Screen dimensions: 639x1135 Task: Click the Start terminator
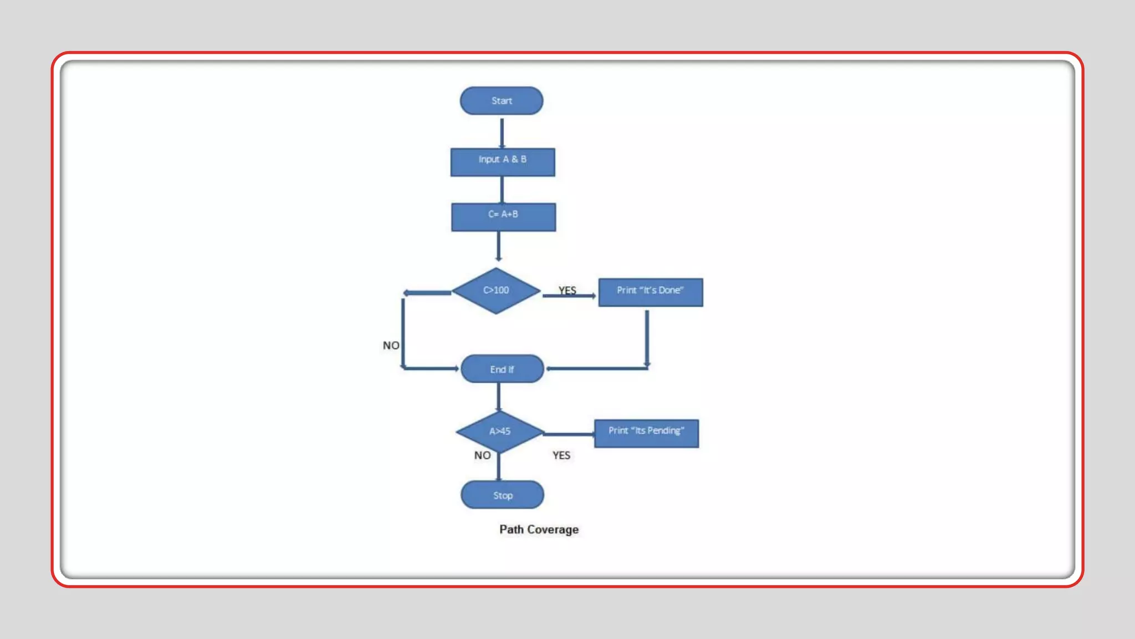point(501,101)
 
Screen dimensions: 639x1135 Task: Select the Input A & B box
point(502,162)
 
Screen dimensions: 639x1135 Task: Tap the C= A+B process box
point(503,217)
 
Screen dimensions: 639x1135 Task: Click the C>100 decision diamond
point(496,291)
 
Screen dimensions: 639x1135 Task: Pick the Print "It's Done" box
point(650,292)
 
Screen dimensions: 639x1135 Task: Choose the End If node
point(502,369)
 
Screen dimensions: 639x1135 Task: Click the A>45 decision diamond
point(499,432)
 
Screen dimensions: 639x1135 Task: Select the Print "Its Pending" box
point(646,433)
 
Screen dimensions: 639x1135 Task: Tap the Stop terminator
point(502,495)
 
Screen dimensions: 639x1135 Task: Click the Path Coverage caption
point(539,529)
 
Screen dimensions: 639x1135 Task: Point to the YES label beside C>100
point(567,290)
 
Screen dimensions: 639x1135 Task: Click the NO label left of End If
point(391,346)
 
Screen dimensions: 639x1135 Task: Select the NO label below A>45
point(482,455)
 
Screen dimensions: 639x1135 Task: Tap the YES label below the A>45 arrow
point(561,455)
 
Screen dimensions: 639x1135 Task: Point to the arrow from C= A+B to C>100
point(499,246)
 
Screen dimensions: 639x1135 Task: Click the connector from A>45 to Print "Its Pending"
point(569,434)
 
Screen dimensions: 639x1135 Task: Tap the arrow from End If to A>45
point(499,397)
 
